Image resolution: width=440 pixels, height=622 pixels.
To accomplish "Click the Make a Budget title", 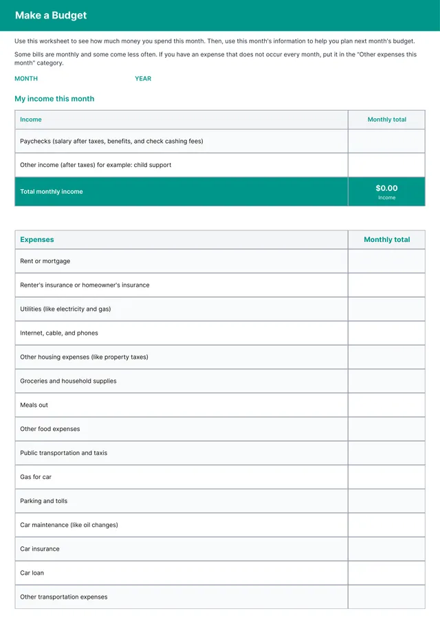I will coord(51,15).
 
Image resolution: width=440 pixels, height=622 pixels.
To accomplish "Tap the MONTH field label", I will coord(26,78).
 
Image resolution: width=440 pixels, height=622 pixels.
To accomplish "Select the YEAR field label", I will coord(143,78).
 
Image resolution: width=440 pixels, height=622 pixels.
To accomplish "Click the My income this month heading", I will coord(54,99).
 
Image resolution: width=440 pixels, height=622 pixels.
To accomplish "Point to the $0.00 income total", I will coord(386,188).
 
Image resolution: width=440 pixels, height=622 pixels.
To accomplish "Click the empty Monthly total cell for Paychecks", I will coord(386,141).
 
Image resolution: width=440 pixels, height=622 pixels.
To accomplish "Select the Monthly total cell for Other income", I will coord(386,165).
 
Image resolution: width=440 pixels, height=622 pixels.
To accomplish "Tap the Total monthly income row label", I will coord(52,192).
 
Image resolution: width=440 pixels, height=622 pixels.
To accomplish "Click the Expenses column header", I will coord(37,240).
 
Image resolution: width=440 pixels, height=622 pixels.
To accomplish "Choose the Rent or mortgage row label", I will coord(45,261).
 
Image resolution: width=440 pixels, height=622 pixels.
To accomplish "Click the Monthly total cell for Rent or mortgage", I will coord(386,261).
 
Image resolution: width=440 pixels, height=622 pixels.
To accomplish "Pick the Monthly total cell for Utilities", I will coord(386,309).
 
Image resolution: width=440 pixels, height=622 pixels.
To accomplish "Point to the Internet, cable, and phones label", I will coord(59,333).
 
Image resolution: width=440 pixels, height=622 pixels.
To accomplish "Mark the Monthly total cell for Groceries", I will coord(386,381).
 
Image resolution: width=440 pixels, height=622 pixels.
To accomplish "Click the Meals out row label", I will coord(34,405).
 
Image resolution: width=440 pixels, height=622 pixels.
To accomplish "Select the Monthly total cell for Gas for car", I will coord(386,477).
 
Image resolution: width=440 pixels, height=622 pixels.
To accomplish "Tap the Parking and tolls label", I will coord(44,501).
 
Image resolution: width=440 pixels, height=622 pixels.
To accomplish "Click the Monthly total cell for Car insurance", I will coord(386,549).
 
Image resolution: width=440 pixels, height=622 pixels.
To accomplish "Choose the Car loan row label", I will coord(32,573).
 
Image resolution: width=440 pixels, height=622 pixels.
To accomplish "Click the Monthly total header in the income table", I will coord(386,120).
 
